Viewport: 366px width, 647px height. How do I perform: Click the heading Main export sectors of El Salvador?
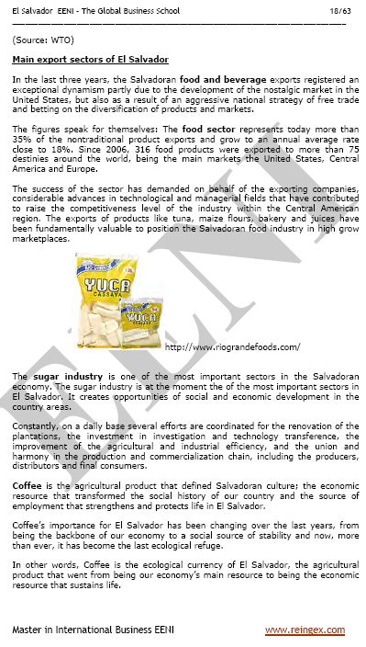[x=77, y=60]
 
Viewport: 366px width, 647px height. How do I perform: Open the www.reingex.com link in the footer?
[x=305, y=630]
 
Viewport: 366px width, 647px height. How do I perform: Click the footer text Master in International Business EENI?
[x=83, y=630]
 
